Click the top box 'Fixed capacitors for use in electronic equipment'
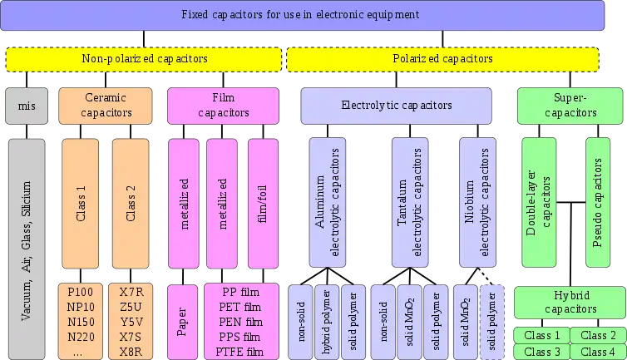(301, 15)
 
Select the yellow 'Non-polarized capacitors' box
(145, 59)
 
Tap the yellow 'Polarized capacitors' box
(442, 59)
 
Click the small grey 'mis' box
(27, 106)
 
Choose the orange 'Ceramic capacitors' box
(106, 106)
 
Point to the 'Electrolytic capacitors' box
(396, 106)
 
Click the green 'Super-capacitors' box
(570, 106)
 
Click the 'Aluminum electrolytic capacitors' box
(326, 202)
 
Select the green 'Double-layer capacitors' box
(539, 202)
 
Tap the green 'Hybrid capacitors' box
(570, 302)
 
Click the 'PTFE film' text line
(241, 352)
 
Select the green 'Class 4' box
(598, 352)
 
